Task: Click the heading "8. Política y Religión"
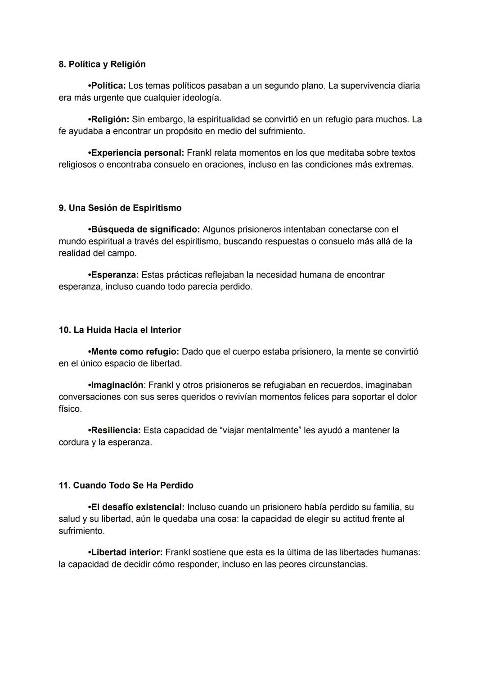(x=102, y=64)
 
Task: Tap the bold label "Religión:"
(x=110, y=120)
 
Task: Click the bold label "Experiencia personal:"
(x=137, y=153)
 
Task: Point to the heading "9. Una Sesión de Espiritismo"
(x=120, y=208)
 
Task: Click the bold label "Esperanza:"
(x=115, y=275)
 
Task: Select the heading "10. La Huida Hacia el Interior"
(x=120, y=330)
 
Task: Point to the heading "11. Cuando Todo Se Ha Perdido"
(x=126, y=485)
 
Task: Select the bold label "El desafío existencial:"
(x=138, y=507)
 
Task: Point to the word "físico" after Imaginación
(x=70, y=409)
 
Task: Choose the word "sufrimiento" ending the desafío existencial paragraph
(x=81, y=531)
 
